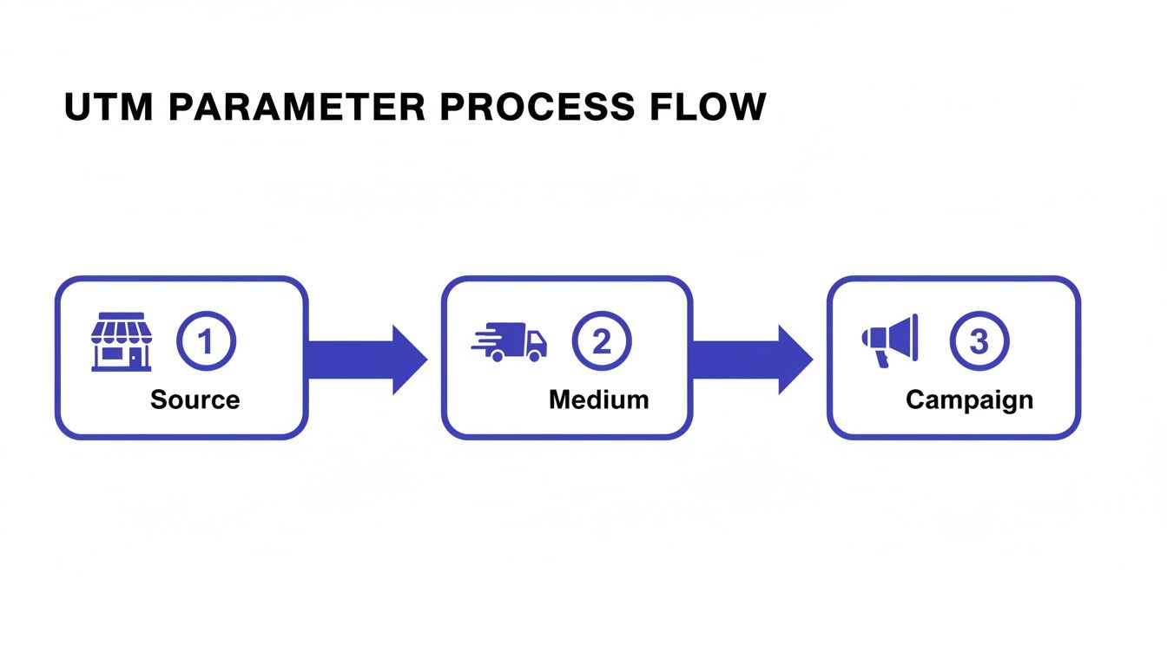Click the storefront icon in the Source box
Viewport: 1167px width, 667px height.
tap(122, 342)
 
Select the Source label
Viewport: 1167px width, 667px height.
tap(194, 400)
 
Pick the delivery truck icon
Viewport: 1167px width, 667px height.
tap(510, 341)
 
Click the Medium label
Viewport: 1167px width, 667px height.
tap(598, 400)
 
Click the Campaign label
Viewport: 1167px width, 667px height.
tap(969, 400)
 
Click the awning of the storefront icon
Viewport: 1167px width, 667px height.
tap(122, 327)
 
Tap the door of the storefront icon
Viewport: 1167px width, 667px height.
tap(135, 357)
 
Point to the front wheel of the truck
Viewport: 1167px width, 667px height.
tap(537, 355)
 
